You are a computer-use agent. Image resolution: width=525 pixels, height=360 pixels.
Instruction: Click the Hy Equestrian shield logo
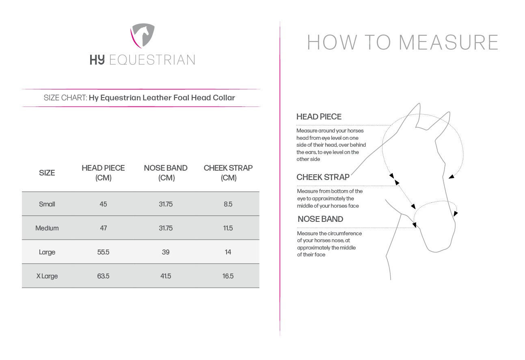[143, 36]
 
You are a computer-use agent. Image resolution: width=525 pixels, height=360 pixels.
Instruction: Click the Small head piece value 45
[103, 204]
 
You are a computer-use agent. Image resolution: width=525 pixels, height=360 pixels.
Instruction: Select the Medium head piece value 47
[103, 228]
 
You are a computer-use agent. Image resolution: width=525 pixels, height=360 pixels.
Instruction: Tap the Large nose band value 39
[166, 252]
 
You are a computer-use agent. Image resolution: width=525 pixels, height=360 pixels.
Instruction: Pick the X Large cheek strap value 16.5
[228, 276]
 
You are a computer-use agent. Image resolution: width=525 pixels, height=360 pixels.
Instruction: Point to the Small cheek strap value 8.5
[228, 204]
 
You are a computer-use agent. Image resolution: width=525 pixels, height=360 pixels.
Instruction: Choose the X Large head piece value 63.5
[103, 276]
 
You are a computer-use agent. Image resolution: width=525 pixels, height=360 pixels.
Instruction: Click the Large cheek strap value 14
[228, 252]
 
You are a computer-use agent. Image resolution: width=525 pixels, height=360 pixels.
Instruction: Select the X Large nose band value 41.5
[166, 276]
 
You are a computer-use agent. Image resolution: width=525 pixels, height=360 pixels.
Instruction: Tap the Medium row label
[47, 228]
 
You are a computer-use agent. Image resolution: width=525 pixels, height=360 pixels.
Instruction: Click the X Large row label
[47, 276]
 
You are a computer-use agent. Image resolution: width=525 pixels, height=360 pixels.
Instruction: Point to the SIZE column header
[47, 173]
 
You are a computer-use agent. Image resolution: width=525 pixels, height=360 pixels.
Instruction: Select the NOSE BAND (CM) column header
[166, 173]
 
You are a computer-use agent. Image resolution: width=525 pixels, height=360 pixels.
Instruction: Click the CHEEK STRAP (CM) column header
[228, 173]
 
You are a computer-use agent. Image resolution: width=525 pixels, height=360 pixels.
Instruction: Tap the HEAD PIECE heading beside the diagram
[319, 117]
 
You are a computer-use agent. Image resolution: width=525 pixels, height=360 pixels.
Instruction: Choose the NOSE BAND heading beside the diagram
[320, 219]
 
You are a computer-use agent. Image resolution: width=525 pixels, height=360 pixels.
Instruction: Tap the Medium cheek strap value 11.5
[228, 228]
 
